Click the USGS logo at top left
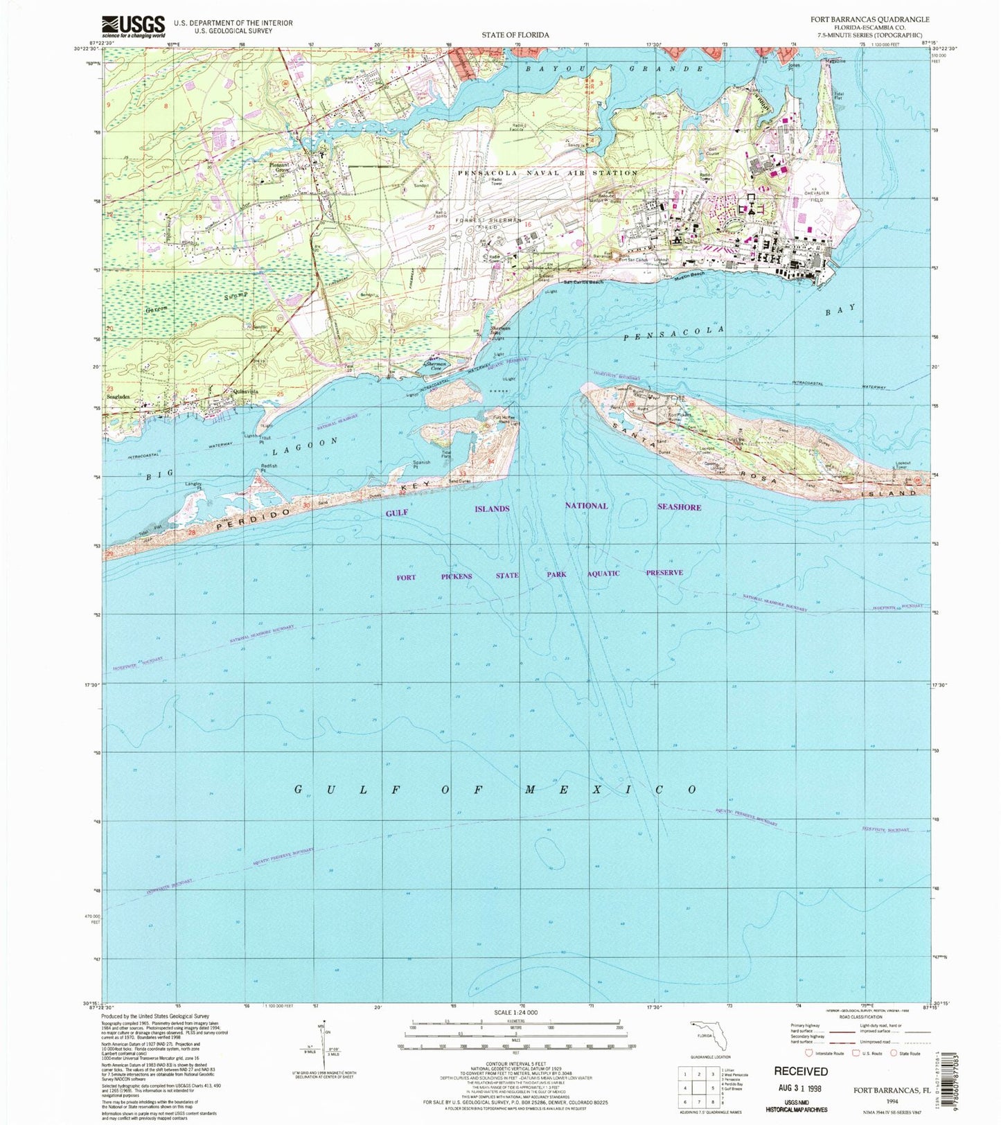click(x=134, y=26)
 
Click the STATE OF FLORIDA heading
click(x=515, y=35)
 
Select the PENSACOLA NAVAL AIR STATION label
click(x=547, y=172)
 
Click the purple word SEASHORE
click(x=679, y=507)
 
